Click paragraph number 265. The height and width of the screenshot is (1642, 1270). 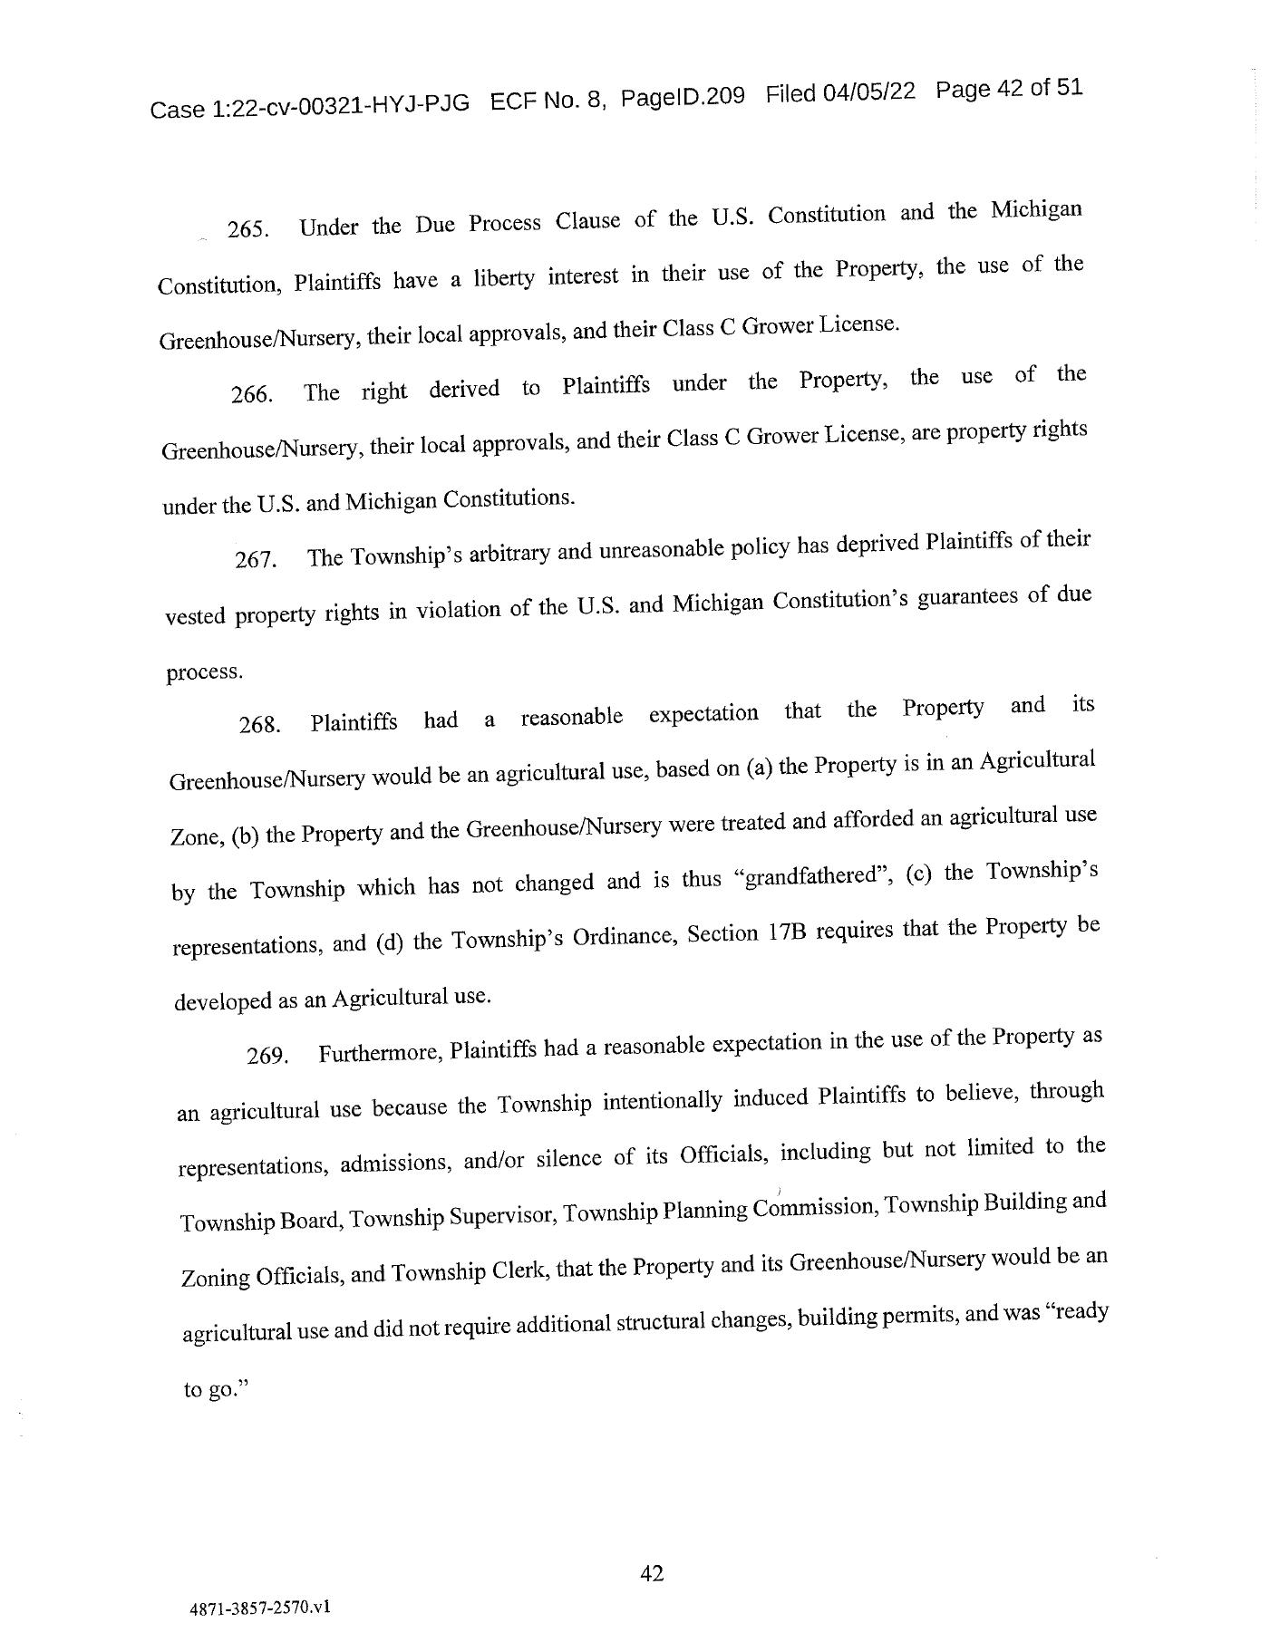[247, 229]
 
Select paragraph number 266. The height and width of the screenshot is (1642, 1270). [251, 395]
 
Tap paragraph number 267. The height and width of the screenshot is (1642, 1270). [255, 560]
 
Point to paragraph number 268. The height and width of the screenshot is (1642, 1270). [258, 725]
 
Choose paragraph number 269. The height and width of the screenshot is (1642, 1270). [267, 1057]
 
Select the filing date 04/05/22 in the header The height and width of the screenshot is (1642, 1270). [869, 92]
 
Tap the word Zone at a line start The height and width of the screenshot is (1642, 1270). [196, 836]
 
